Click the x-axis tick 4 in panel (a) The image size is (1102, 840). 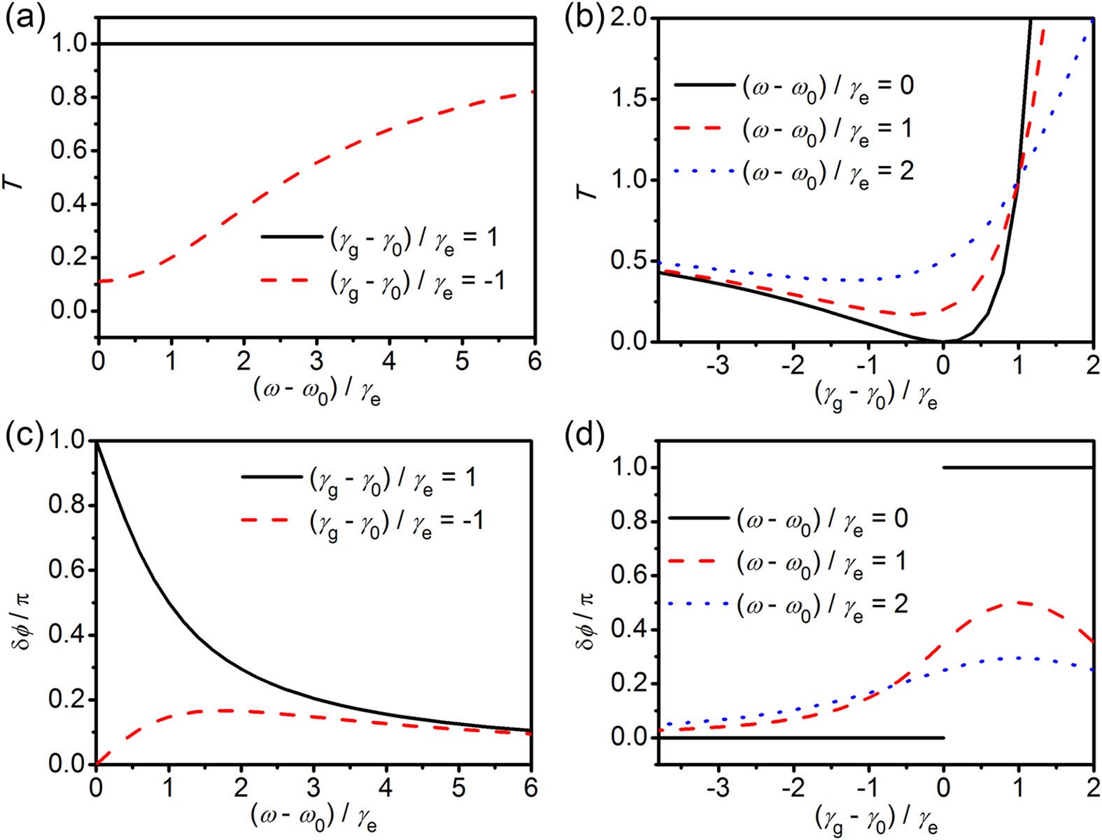pyautogui.click(x=388, y=361)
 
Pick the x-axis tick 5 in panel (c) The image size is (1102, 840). pyautogui.click(x=458, y=789)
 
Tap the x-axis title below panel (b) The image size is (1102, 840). pyautogui.click(x=875, y=396)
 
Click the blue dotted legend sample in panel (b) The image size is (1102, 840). pyautogui.click(x=703, y=171)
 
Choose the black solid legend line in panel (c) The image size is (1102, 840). pyautogui.click(x=269, y=477)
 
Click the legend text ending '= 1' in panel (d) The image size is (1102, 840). pyautogui.click(x=822, y=563)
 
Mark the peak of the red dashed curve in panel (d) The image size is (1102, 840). pyautogui.click(x=1019, y=602)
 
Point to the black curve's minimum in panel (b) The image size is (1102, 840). pyautogui.click(x=942, y=341)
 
